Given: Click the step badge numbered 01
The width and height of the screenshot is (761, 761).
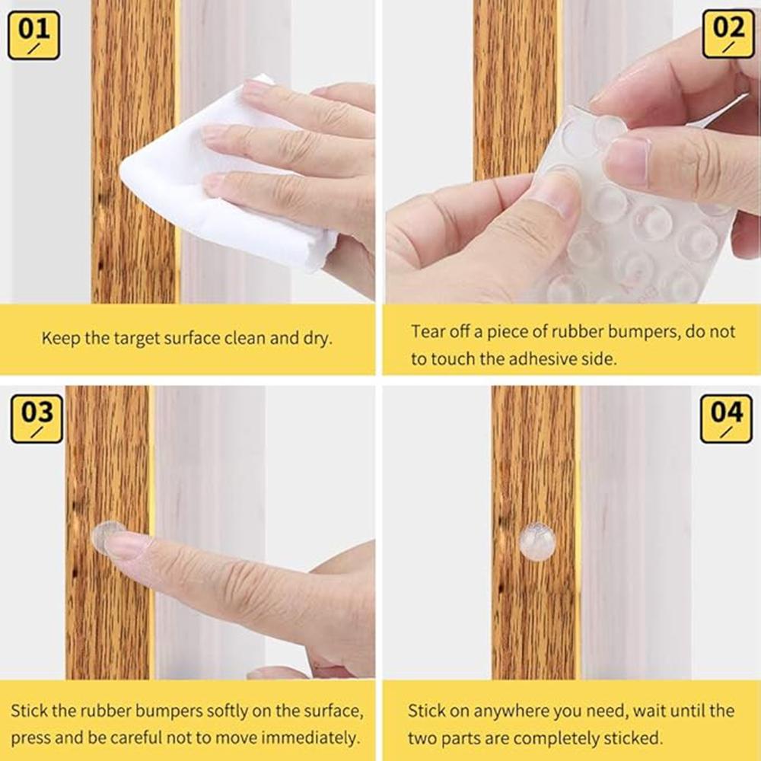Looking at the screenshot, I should [33, 35].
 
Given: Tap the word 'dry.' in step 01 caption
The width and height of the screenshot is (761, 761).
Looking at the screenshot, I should [315, 339].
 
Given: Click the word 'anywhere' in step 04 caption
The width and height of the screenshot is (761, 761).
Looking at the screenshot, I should [509, 711].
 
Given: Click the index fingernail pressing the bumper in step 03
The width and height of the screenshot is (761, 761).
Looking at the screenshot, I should [126, 544].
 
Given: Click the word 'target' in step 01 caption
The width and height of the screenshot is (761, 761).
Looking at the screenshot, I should [131, 339].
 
